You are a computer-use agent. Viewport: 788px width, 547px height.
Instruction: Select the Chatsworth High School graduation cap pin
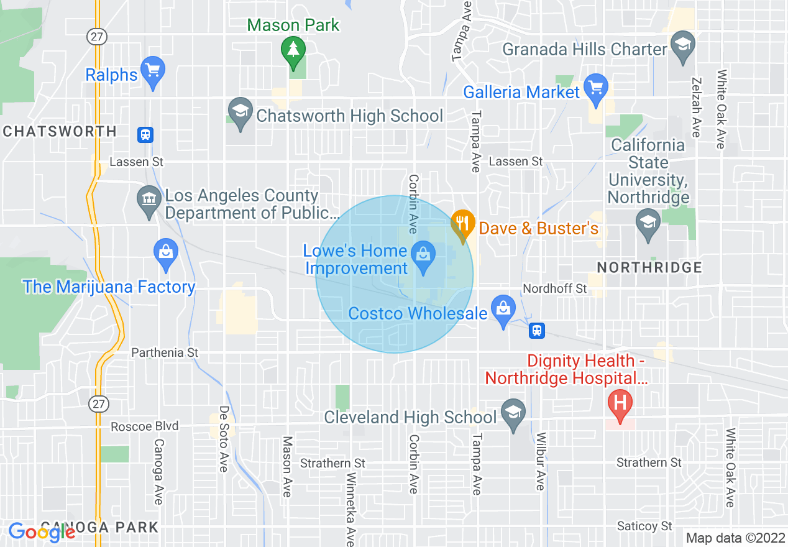239,112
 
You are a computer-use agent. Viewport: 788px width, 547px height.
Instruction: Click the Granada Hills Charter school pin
683,47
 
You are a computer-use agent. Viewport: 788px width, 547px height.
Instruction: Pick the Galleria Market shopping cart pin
597,90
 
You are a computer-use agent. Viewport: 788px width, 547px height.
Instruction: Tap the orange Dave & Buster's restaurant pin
462,224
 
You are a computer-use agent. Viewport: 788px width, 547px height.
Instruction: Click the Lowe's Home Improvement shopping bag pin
423,257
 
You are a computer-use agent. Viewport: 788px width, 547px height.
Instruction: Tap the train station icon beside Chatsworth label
145,134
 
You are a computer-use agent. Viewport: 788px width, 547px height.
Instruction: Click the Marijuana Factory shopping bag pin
165,254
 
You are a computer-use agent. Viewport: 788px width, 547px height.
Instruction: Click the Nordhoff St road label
555,288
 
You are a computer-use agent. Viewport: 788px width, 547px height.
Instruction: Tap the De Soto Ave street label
223,439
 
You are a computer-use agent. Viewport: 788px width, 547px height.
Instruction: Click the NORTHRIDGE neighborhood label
649,267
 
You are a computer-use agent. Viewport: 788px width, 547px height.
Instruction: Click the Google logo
42,532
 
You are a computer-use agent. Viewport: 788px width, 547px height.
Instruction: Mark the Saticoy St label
644,526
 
